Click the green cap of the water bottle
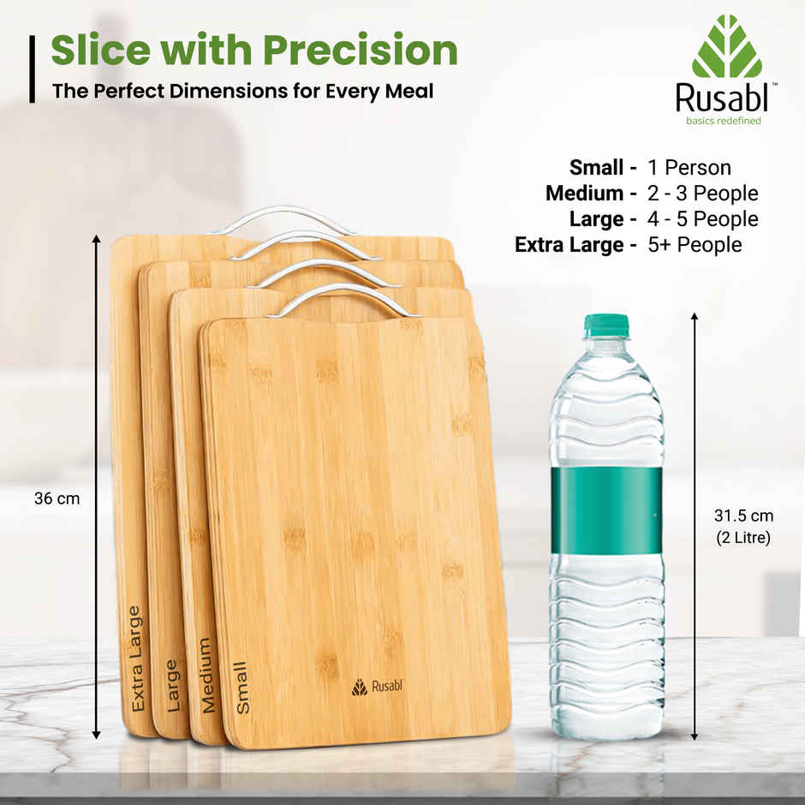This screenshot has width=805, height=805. point(606,326)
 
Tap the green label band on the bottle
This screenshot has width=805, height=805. point(606,510)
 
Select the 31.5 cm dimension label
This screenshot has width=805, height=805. point(743,516)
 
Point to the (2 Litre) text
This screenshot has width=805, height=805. point(743,538)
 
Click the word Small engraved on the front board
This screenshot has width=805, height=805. point(242,687)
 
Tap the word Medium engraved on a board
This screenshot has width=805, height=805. point(206,675)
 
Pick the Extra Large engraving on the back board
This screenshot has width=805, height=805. point(135,658)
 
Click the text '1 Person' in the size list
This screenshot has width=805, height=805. point(689,168)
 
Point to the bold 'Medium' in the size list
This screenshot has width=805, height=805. point(585,194)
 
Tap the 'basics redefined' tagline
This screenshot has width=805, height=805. point(723,121)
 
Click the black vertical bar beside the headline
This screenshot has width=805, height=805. point(33,69)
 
